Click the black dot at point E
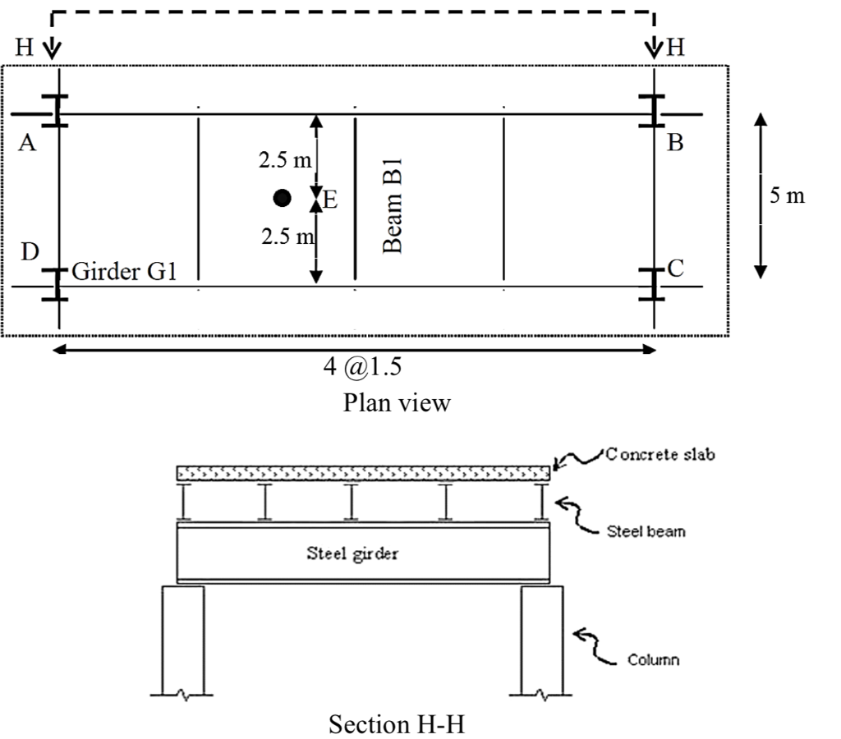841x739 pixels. pos(283,198)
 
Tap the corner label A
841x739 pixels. pos(27,144)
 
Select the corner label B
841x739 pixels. pos(675,144)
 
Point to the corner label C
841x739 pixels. pos(676,269)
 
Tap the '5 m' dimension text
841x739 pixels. pos(788,196)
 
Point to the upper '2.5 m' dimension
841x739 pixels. pos(284,160)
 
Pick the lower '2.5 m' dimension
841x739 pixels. pos(287,237)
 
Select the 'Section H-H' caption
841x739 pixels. pos(401,724)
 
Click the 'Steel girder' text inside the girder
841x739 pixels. pos(353,553)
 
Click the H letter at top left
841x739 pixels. pos(24,48)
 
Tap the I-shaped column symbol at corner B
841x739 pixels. pos(654,111)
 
